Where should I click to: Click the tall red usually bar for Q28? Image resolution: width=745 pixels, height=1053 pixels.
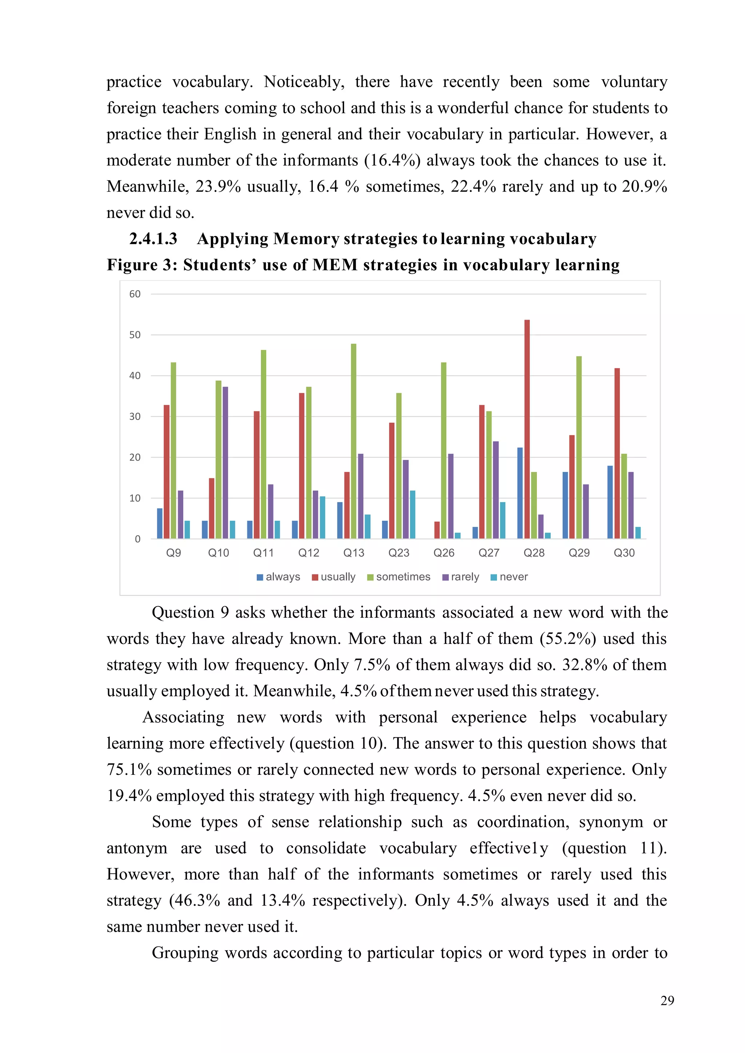527,429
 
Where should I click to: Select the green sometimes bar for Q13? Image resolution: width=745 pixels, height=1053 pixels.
353,441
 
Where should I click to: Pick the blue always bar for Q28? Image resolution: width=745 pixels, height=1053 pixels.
520,493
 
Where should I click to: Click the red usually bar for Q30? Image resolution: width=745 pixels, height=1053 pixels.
617,453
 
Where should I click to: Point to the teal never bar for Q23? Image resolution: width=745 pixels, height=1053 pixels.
413,515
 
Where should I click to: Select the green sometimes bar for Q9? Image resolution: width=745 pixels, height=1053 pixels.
174,451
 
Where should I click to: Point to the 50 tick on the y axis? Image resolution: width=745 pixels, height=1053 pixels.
135,335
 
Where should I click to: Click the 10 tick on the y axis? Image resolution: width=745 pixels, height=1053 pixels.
135,498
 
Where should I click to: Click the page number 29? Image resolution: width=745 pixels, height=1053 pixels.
667,1001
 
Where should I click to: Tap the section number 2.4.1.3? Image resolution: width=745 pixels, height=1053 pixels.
153,239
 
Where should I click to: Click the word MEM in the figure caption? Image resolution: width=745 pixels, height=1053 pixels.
335,265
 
